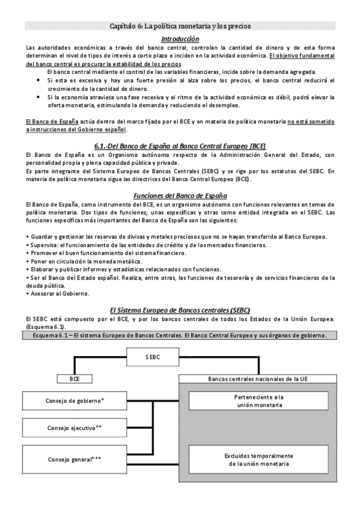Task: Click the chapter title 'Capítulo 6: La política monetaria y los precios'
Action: click(x=180, y=26)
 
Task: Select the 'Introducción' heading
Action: click(x=180, y=38)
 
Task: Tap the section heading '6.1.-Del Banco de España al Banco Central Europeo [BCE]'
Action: click(x=180, y=146)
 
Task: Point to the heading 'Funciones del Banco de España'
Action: click(x=180, y=195)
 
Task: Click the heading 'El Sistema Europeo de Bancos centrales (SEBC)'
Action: click(x=180, y=309)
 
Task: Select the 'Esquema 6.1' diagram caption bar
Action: click(x=180, y=335)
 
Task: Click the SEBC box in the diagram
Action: click(x=153, y=357)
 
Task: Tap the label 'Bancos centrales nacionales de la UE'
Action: click(x=258, y=379)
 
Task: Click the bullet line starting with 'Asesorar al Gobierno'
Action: click(x=58, y=293)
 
